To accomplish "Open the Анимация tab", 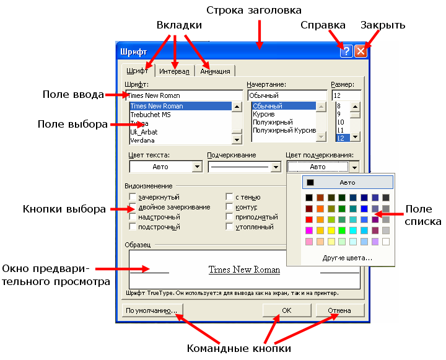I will [215, 71].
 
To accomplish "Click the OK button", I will [287, 310].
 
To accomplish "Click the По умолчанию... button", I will [151, 310].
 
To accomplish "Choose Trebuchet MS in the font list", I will [151, 115].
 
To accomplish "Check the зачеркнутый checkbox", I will [133, 197].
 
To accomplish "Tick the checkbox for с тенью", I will [229, 197].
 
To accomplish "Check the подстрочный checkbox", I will [133, 227].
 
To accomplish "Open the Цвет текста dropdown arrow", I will [197, 167].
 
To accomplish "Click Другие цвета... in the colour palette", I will [347, 257].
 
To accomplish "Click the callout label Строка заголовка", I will [253, 11].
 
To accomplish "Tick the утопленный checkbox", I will [229, 227].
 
